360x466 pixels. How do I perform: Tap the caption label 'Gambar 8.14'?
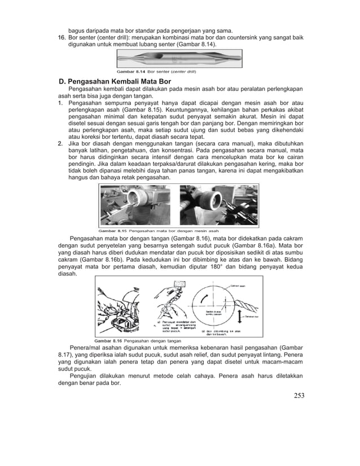coord(131,71)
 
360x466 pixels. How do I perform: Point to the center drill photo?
coord(179,59)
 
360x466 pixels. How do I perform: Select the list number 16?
coord(63,37)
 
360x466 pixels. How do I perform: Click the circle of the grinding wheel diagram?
coord(214,307)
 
